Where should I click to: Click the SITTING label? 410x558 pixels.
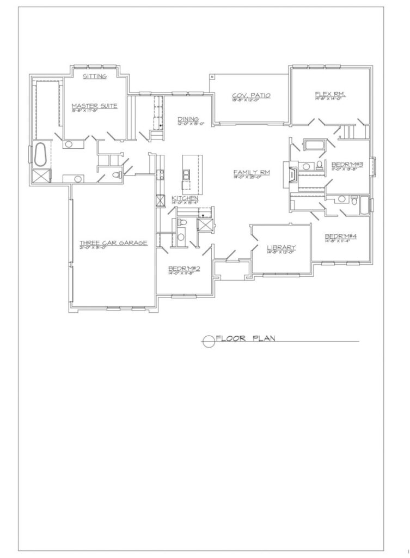[x=95, y=77]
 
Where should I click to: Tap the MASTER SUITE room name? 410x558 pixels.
[x=95, y=106]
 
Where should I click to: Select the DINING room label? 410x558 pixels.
[x=188, y=119]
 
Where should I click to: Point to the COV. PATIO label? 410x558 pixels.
[x=251, y=95]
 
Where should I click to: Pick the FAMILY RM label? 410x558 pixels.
[x=248, y=172]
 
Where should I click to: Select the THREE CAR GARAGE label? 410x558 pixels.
[x=113, y=243]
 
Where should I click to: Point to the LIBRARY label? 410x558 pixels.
[x=281, y=248]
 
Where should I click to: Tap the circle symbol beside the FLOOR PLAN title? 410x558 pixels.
[x=208, y=342]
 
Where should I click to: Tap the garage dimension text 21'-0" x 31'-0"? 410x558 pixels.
[x=113, y=248]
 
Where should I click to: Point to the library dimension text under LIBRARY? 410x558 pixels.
[x=281, y=253]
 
